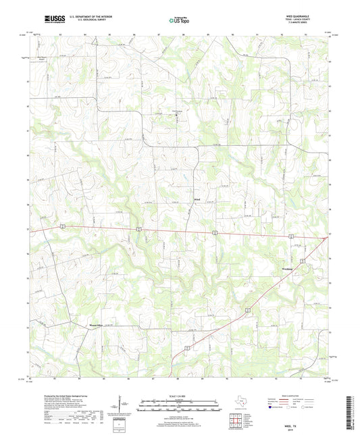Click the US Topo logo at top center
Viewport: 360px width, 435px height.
click(179, 20)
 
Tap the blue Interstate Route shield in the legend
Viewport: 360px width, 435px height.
click(271, 408)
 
